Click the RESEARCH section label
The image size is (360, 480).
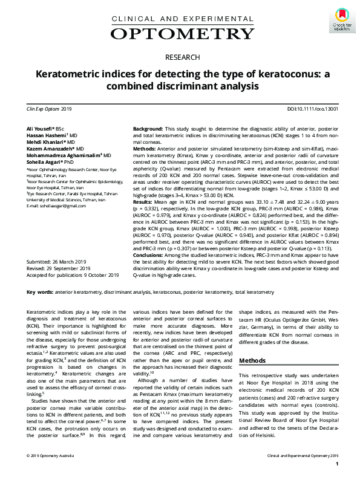(180, 57)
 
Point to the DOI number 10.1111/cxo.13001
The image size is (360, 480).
(321, 109)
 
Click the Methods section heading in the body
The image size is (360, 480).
(252, 360)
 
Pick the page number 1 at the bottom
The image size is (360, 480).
(336, 465)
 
